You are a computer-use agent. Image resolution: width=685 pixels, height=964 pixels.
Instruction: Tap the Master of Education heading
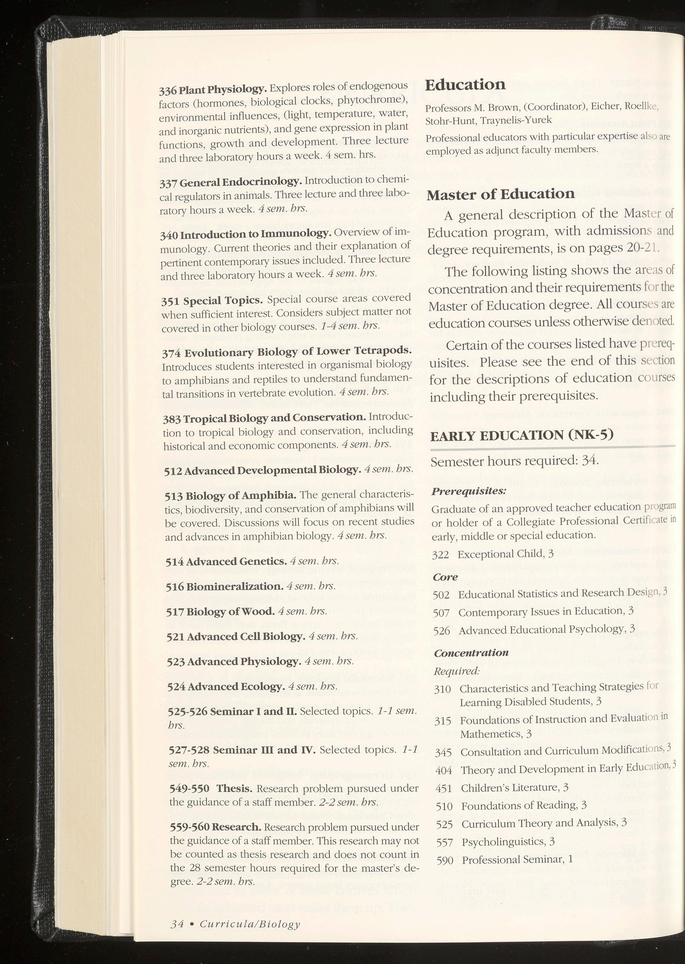coord(501,194)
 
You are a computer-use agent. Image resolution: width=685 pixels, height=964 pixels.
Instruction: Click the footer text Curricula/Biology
coord(250,913)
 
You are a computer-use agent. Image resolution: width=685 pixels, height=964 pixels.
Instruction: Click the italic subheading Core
coord(445,577)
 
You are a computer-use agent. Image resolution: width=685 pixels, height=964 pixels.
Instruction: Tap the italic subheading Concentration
coord(471,653)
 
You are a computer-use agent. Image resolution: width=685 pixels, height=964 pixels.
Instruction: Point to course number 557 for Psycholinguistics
coord(444,843)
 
